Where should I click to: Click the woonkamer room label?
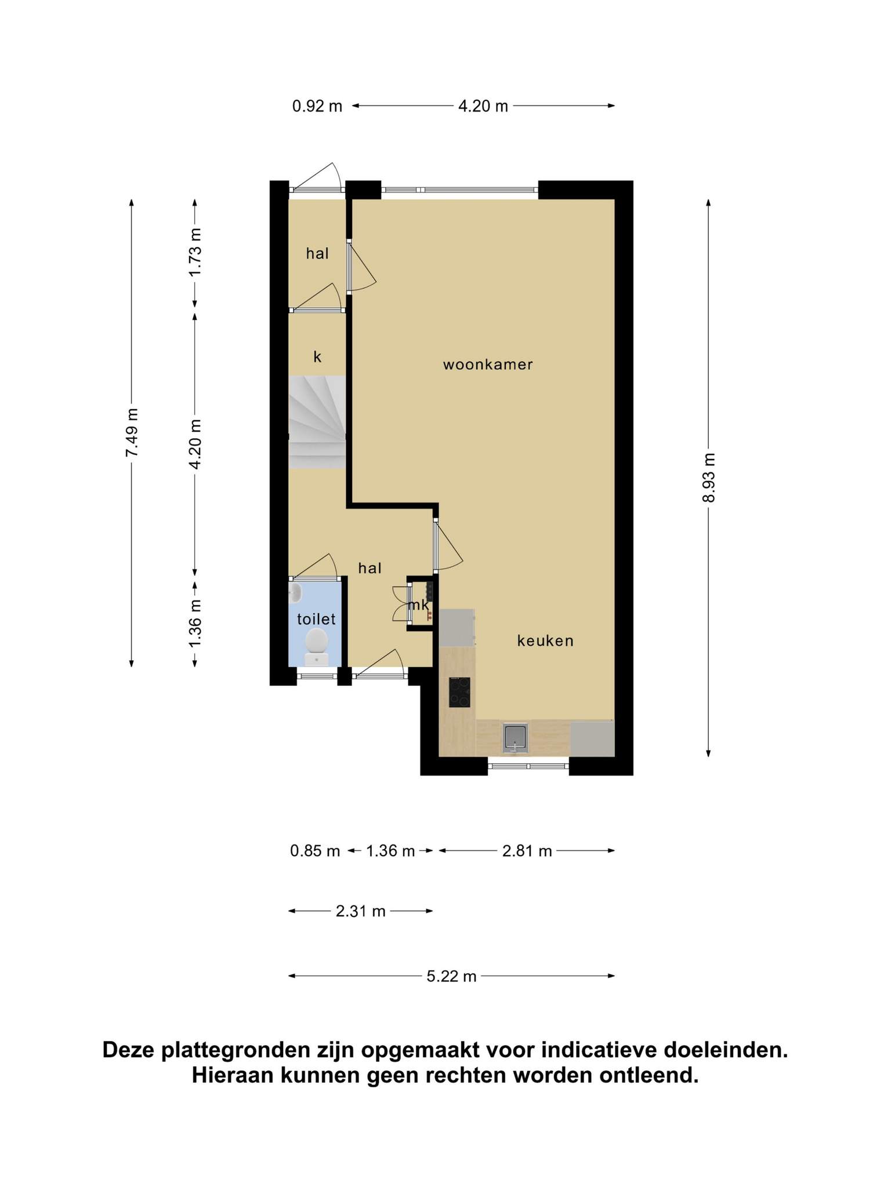click(x=488, y=365)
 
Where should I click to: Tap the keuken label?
click(x=545, y=640)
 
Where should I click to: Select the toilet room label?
click(x=316, y=619)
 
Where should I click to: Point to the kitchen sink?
click(x=516, y=738)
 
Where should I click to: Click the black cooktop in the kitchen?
click(x=459, y=692)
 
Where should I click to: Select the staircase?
click(x=317, y=422)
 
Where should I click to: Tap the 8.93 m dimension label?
click(x=709, y=478)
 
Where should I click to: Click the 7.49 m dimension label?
click(x=132, y=432)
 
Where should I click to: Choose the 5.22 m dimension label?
click(x=451, y=977)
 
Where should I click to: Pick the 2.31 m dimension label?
click(x=361, y=911)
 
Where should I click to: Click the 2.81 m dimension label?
click(x=527, y=851)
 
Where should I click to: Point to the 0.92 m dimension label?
click(x=317, y=106)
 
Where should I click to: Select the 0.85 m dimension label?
click(x=315, y=851)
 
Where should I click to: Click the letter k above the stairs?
click(x=317, y=356)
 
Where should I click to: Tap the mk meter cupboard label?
click(x=419, y=605)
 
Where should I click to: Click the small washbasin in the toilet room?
click(x=295, y=592)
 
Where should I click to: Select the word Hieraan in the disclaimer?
click(x=233, y=1076)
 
